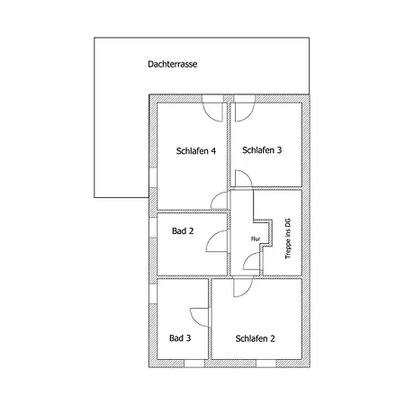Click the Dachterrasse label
(173, 64)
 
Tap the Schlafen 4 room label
(196, 151)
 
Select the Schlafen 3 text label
(262, 150)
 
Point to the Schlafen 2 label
(255, 338)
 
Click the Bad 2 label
(183, 231)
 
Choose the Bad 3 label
(180, 338)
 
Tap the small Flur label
(256, 239)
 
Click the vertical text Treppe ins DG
(288, 238)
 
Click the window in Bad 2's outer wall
(153, 228)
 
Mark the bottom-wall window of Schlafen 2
(266, 364)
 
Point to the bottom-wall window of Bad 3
(194, 364)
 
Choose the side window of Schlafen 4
(153, 177)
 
